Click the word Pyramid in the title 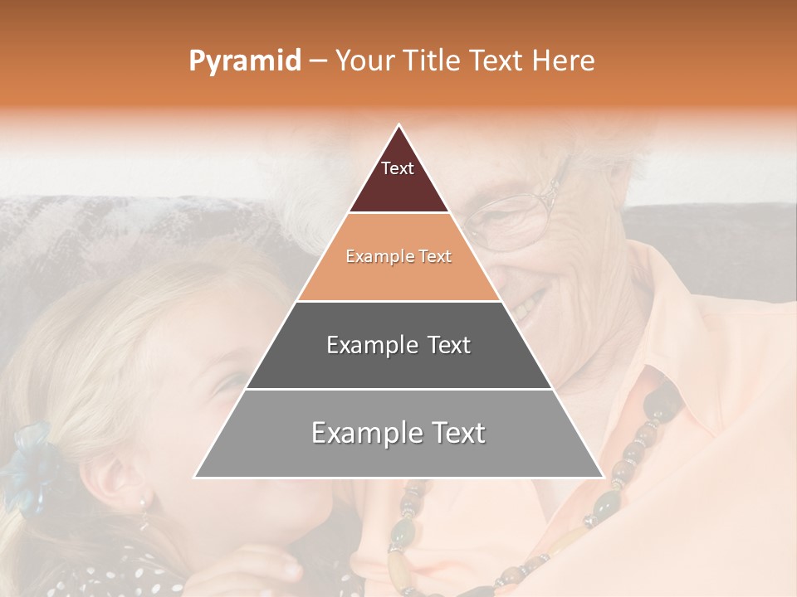pyautogui.click(x=244, y=61)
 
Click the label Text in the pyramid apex pyautogui.click(x=398, y=168)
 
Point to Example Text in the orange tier pyautogui.click(x=398, y=257)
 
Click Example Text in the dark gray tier pyautogui.click(x=398, y=345)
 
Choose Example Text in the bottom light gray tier pyautogui.click(x=398, y=433)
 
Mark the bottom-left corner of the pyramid pyautogui.click(x=195, y=477)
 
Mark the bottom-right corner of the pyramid pyautogui.click(x=603, y=477)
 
